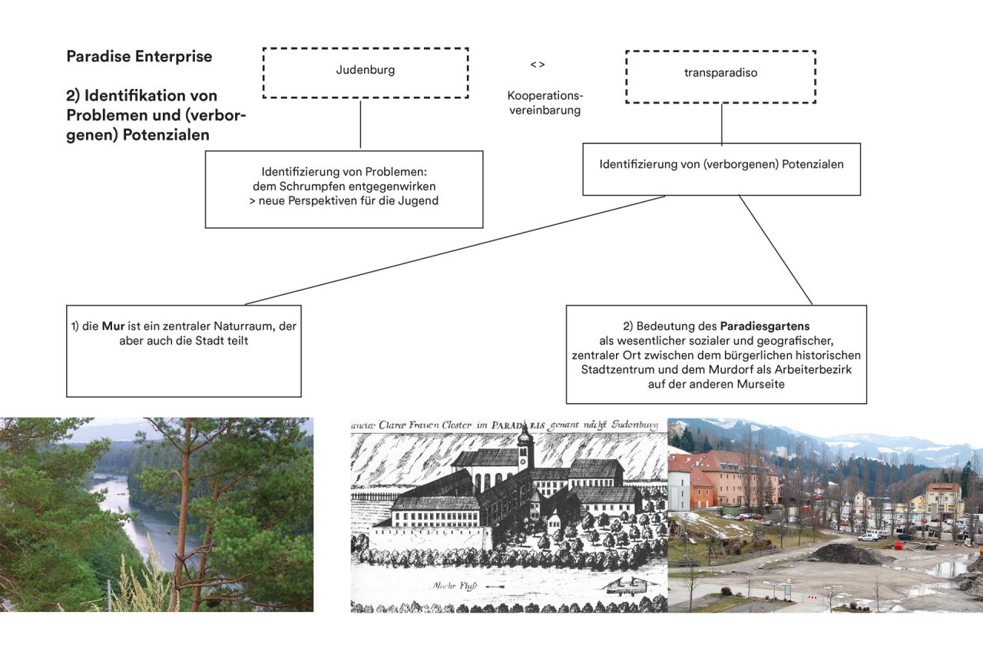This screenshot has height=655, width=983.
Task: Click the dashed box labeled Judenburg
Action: tap(365, 72)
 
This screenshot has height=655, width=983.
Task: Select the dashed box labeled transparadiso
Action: tap(720, 77)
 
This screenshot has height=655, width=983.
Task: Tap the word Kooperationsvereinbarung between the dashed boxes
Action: tap(544, 103)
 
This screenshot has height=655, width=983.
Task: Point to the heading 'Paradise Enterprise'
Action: tap(139, 56)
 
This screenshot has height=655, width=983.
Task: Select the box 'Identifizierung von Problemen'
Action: tap(344, 189)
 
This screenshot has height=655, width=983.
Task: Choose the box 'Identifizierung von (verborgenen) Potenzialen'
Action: tap(721, 168)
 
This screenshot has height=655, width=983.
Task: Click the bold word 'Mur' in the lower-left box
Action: tap(113, 326)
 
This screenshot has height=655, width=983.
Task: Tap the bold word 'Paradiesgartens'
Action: tap(765, 326)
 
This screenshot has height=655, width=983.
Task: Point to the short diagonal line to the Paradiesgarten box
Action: tap(775, 250)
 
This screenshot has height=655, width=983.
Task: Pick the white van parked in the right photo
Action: tap(868, 537)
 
